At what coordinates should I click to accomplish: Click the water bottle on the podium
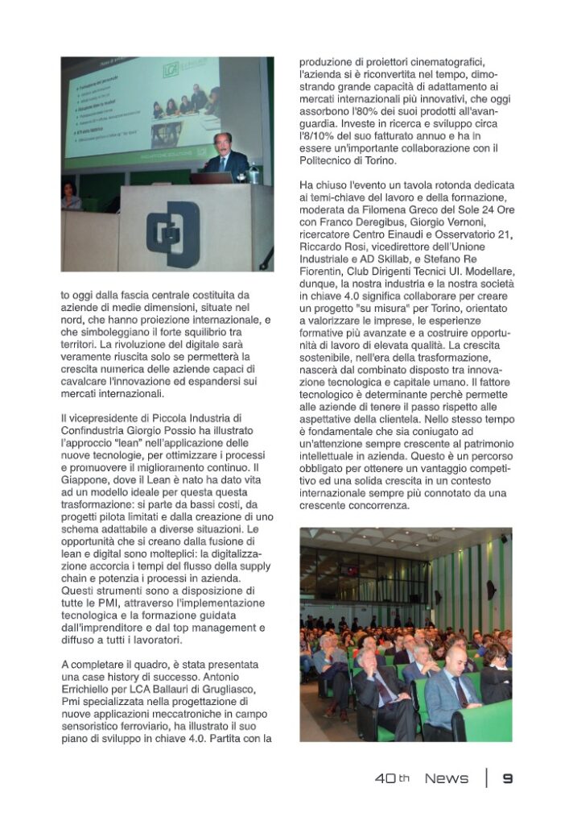254,172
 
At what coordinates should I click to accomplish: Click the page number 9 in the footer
507,778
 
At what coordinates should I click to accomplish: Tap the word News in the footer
446,778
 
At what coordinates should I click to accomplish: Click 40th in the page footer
392,778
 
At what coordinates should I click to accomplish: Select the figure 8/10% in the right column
318,137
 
